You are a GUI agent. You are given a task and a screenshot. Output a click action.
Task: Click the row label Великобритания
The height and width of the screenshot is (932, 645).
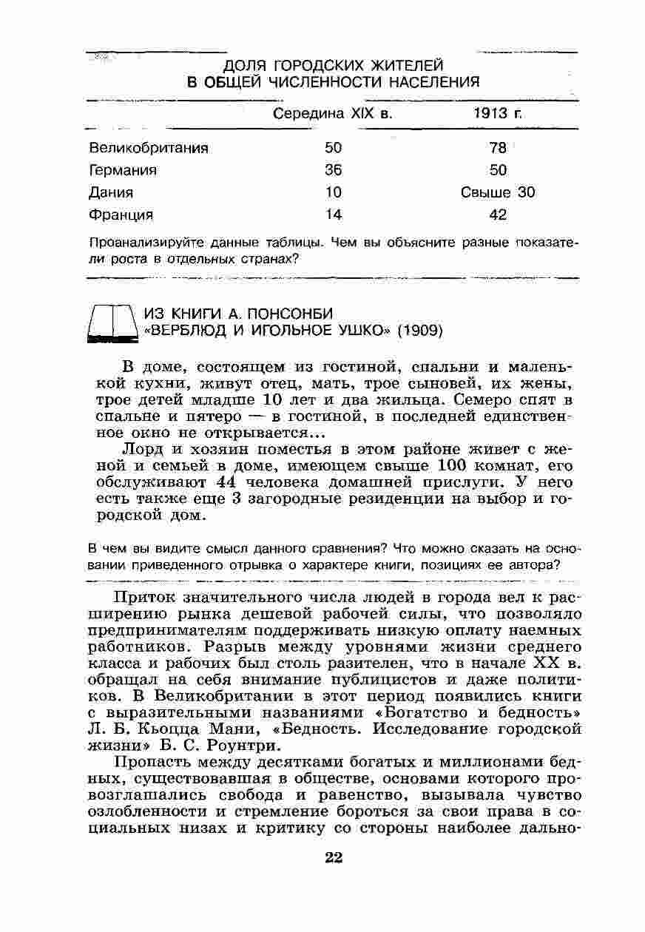click(148, 147)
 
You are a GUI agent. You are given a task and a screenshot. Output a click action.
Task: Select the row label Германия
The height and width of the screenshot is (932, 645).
click(123, 170)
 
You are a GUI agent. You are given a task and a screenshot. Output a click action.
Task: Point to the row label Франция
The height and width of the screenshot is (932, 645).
click(121, 215)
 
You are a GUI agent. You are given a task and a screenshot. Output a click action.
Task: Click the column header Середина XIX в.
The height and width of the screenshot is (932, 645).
click(332, 114)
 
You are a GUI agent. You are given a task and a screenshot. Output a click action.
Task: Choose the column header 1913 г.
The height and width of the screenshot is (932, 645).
click(498, 114)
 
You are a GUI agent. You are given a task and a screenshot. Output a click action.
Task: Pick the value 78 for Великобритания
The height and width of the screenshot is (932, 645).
click(498, 147)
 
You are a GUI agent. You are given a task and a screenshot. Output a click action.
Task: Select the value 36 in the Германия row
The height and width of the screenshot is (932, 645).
click(334, 170)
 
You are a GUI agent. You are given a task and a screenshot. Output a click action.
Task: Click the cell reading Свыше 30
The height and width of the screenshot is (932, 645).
click(498, 192)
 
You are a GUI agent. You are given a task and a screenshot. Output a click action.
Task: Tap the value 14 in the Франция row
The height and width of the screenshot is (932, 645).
click(334, 215)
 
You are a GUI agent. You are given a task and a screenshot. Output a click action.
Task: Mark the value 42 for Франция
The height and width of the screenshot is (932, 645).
click(498, 215)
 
